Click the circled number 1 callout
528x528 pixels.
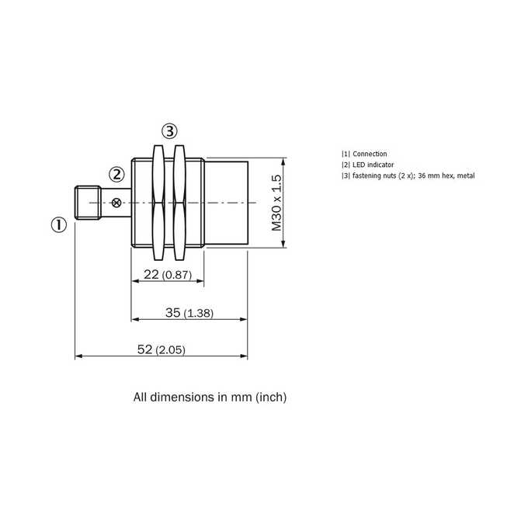[59, 224]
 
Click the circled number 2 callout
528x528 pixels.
[116, 175]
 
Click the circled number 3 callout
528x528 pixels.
[169, 131]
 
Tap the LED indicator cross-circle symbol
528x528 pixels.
[116, 203]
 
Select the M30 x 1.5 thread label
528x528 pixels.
[276, 203]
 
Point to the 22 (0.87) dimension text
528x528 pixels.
[168, 275]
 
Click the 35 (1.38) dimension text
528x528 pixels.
[189, 313]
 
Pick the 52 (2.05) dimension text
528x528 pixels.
[162, 349]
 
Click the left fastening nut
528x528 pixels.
[158, 203]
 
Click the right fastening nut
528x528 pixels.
[179, 203]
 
